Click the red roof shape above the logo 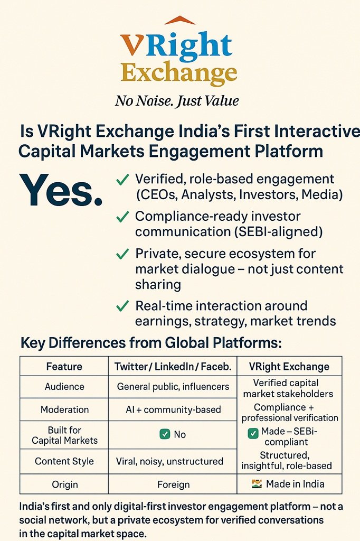[x=179, y=20]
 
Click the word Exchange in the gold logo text [x=179, y=73]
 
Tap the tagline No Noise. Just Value [x=177, y=101]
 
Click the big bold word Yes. [x=61, y=190]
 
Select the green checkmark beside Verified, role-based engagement [x=122, y=180]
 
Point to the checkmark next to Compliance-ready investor [x=122, y=217]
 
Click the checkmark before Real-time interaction [x=122, y=306]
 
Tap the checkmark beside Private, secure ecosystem [x=122, y=254]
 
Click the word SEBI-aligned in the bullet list [x=278, y=232]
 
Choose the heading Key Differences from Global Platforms [x=151, y=343]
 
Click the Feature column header [x=64, y=367]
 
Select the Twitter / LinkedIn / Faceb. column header [x=173, y=367]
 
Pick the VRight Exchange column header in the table [x=289, y=367]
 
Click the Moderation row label [x=64, y=409]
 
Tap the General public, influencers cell [x=173, y=386]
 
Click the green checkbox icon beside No [x=165, y=434]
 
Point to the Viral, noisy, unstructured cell [x=169, y=461]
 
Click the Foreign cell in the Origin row [x=173, y=484]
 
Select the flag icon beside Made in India [x=257, y=484]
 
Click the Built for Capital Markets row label [x=64, y=435]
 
